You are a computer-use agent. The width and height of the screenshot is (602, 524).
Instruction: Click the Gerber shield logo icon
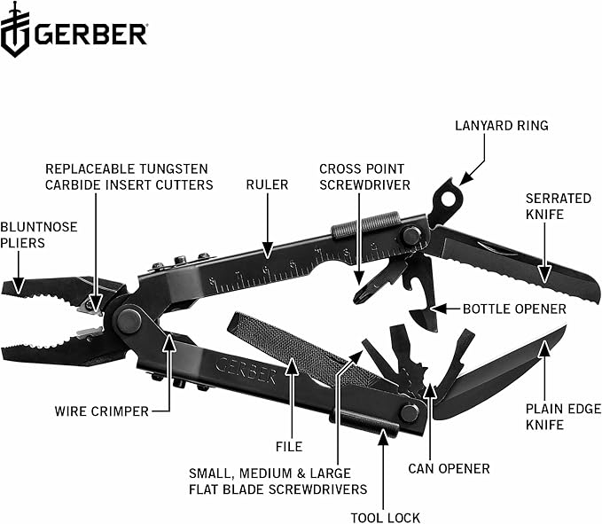click(x=15, y=31)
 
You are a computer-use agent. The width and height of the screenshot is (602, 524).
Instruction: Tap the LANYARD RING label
click(x=501, y=125)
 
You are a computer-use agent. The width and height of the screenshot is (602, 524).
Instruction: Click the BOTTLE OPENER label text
click(x=514, y=309)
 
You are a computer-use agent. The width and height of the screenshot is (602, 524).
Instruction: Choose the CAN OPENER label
click(x=449, y=468)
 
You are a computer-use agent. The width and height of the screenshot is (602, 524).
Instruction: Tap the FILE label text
click(x=288, y=447)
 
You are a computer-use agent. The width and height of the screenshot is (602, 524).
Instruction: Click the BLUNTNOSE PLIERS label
click(x=38, y=235)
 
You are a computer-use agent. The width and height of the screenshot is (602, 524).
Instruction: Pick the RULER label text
click(x=267, y=184)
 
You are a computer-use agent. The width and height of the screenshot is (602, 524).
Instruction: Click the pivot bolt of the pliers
click(x=129, y=319)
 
